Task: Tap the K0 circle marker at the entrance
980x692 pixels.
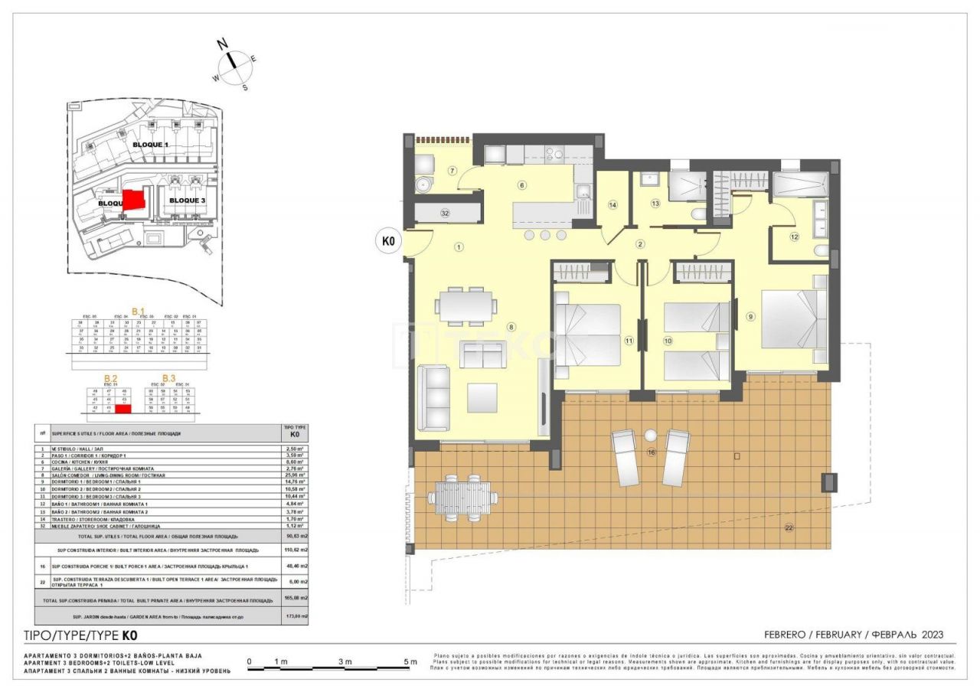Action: click(x=387, y=241)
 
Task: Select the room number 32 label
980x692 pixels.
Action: click(x=444, y=213)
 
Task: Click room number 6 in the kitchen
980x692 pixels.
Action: click(x=521, y=184)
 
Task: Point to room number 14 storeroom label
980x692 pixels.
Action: click(x=612, y=204)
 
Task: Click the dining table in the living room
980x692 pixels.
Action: click(x=465, y=304)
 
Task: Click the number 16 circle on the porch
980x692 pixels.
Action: click(x=651, y=453)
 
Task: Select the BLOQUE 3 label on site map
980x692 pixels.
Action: click(x=188, y=200)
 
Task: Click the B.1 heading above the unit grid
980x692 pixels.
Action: click(x=139, y=311)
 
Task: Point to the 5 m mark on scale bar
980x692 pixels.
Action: click(x=410, y=662)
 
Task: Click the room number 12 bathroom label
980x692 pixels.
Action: click(x=794, y=237)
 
